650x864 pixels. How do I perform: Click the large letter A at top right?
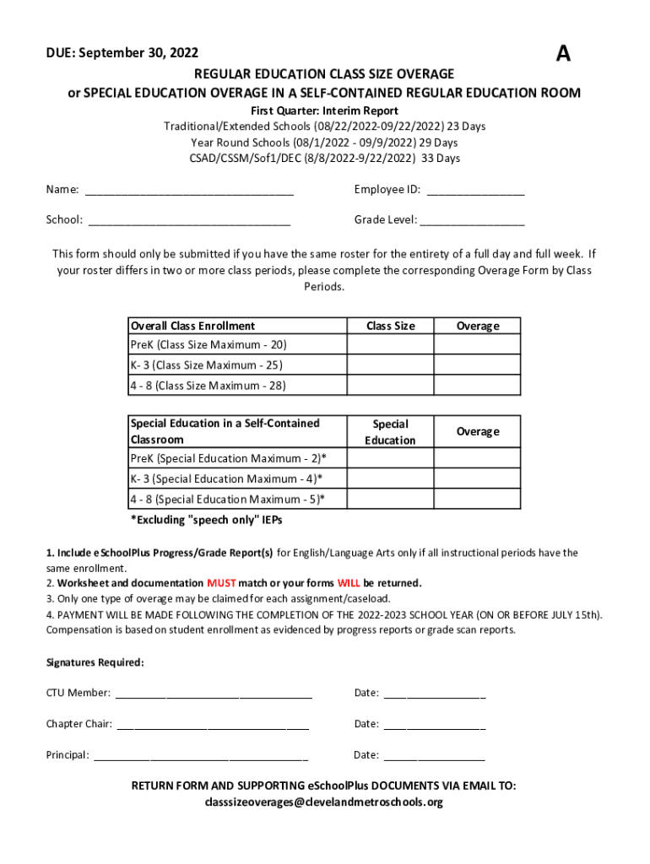coord(562,55)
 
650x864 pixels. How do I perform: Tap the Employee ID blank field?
coord(475,190)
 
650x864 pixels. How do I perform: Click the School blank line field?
coord(189,220)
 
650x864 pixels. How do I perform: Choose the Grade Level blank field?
coord(472,220)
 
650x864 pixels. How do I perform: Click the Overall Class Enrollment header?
coord(192,326)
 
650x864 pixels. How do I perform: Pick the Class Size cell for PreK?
coord(390,345)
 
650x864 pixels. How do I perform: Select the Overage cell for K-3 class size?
coord(477,365)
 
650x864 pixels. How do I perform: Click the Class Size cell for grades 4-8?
coord(390,386)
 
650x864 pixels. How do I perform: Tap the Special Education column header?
coord(390,432)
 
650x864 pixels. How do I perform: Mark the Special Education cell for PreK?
coord(390,458)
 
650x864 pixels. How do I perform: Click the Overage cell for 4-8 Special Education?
coord(477,499)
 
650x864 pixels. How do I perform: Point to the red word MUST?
coord(221,583)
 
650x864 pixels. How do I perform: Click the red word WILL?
coord(349,583)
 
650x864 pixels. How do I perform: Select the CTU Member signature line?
coord(214,694)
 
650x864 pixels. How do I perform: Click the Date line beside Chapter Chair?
coord(434,724)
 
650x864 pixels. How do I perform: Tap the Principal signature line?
coord(201,755)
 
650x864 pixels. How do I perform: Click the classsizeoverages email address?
coord(324,802)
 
